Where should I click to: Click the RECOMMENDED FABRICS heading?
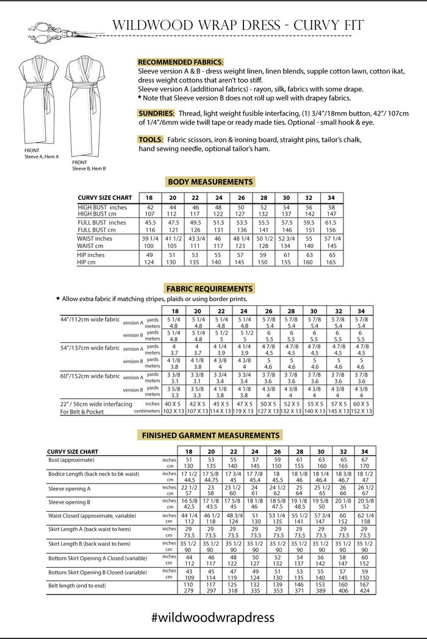(180, 63)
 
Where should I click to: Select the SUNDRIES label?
(157, 114)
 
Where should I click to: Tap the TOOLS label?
(151, 139)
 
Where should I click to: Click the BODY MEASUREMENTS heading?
(209, 182)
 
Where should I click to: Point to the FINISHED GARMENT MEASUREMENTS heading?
(210, 436)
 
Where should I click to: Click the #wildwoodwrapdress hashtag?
(213, 618)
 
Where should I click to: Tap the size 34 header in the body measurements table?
(332, 198)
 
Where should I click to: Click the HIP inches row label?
(91, 255)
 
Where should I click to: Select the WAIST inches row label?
(95, 239)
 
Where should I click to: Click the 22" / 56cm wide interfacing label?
(96, 404)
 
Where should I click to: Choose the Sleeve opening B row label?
(70, 502)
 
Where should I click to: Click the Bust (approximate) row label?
(71, 460)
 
